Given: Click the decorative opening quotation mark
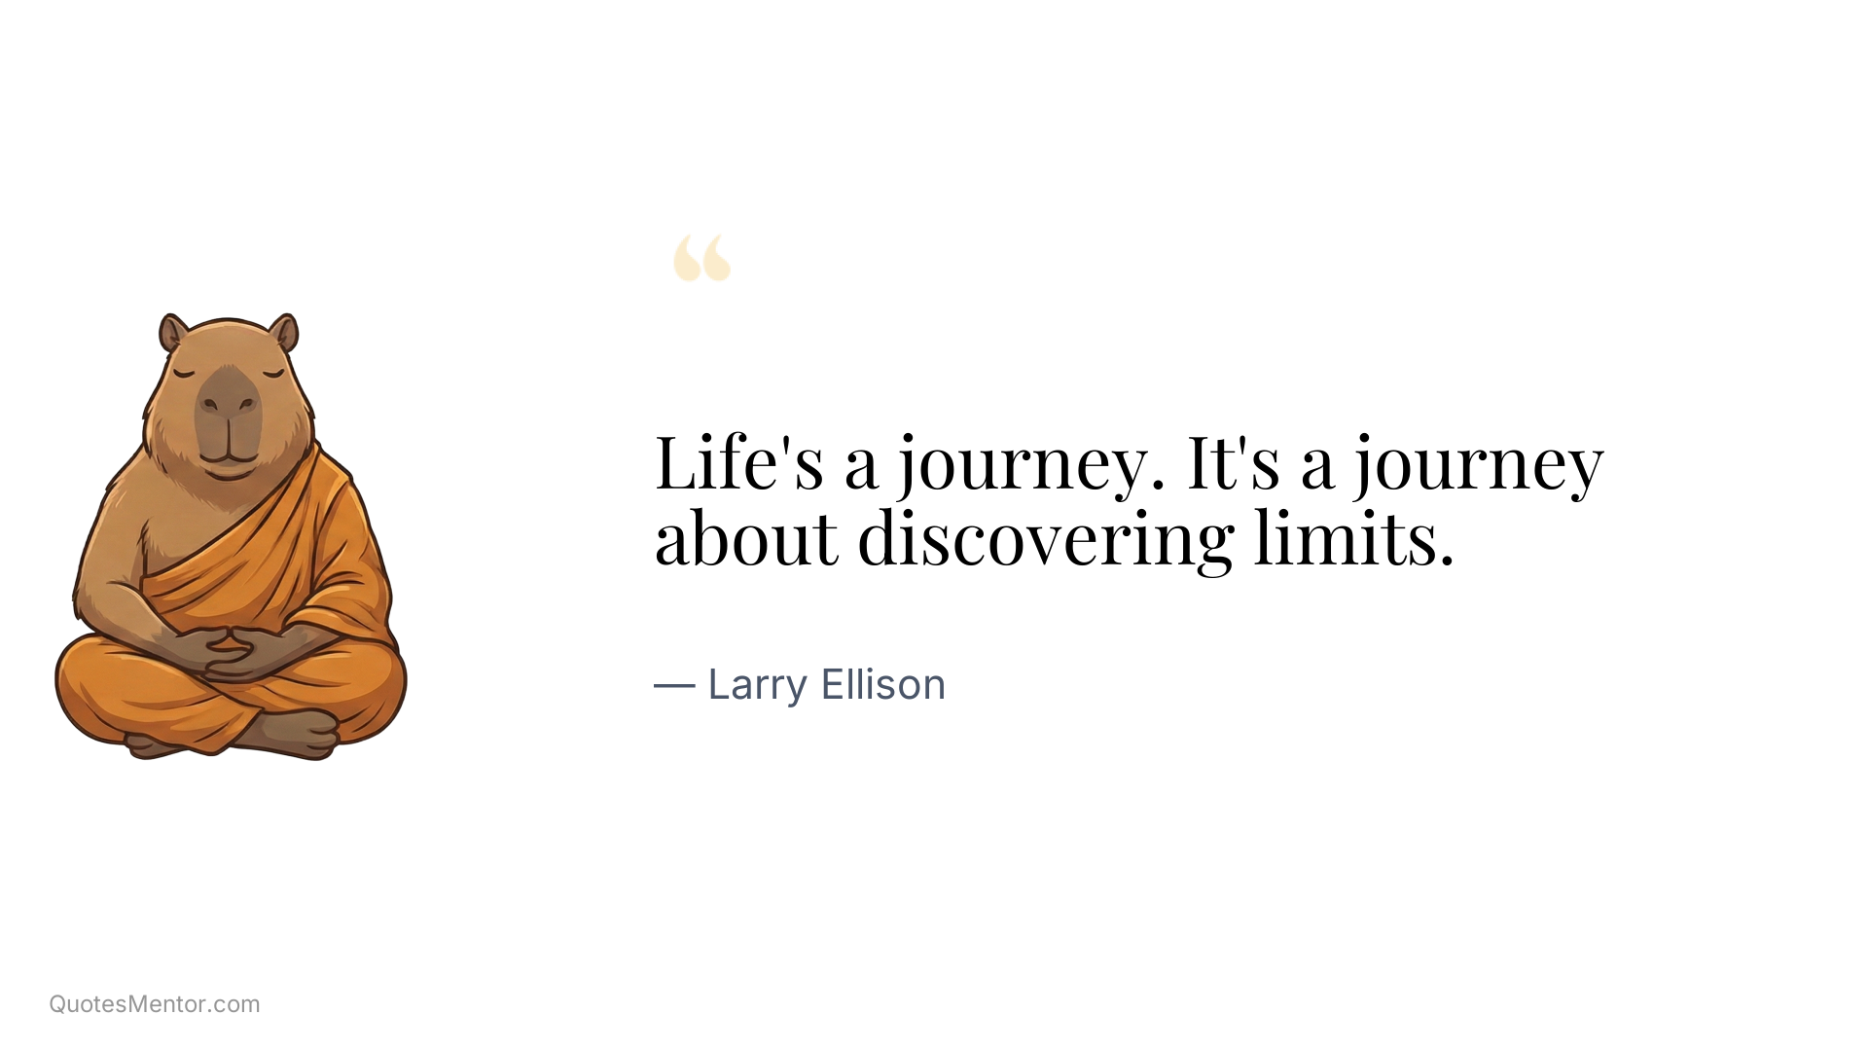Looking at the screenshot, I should tap(701, 258).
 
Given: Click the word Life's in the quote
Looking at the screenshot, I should tap(738, 462).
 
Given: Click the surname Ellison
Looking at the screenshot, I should tap(882, 684).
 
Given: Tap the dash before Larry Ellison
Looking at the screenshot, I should tap(673, 685).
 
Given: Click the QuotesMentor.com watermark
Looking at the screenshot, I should tap(155, 1004).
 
